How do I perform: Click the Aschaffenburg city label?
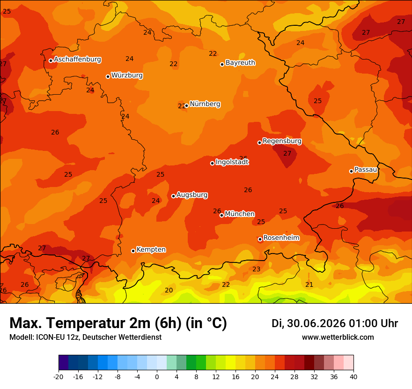tap(78, 60)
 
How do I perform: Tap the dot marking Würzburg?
tap(108, 76)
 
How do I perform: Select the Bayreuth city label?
tap(241, 63)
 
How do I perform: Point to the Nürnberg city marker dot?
tap(186, 106)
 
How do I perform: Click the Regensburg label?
tap(282, 141)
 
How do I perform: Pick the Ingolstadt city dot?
tap(212, 163)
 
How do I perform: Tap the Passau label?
tap(366, 170)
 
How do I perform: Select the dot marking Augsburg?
tap(173, 196)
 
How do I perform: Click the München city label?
tap(240, 214)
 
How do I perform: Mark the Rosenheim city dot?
tap(260, 239)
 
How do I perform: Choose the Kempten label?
tap(151, 250)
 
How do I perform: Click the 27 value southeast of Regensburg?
tap(287, 153)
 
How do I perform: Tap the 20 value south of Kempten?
tap(169, 290)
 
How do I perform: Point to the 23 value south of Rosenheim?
tap(256, 269)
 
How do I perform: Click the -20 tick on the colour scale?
tap(59, 377)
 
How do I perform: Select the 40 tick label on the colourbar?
tap(353, 377)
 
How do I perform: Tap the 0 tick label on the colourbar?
tap(157, 377)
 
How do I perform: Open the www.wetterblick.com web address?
tap(338, 337)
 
